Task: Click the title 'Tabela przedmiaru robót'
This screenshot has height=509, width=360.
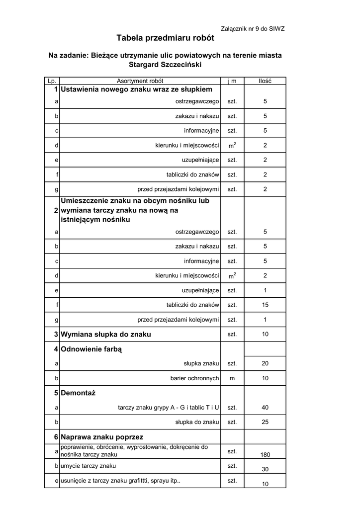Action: pyautogui.click(x=165, y=38)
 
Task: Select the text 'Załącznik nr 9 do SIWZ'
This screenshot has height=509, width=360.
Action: pyautogui.click(x=252, y=29)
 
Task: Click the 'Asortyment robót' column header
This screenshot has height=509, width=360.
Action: pyautogui.click(x=140, y=81)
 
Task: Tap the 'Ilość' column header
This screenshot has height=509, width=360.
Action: pyautogui.click(x=265, y=81)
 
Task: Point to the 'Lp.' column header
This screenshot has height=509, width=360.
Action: pyautogui.click(x=52, y=81)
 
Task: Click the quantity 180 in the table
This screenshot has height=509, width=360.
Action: pyautogui.click(x=265, y=455)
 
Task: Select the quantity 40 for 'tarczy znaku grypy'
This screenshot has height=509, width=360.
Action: pyautogui.click(x=265, y=408)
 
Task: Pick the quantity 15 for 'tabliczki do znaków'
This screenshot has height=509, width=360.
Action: pyautogui.click(x=265, y=305)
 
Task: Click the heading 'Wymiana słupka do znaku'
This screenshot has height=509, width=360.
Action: pyautogui.click(x=105, y=335)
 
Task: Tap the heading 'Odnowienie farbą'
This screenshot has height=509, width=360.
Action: pyautogui.click(x=91, y=349)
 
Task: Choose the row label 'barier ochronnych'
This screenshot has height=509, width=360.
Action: pyautogui.click(x=194, y=378)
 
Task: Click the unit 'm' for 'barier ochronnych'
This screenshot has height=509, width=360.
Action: pyautogui.click(x=232, y=378)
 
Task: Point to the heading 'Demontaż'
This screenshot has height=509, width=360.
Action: pyautogui.click(x=78, y=393)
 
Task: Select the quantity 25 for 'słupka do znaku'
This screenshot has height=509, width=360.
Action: pyautogui.click(x=265, y=422)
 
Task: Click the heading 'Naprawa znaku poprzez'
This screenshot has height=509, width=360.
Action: pyautogui.click(x=102, y=437)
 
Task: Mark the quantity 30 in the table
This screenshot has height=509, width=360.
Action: pyautogui.click(x=265, y=469)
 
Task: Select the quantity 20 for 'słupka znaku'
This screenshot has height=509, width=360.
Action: pyautogui.click(x=265, y=364)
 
